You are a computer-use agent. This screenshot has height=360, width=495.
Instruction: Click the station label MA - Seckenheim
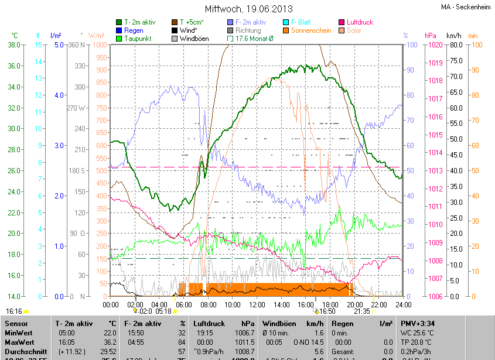465,8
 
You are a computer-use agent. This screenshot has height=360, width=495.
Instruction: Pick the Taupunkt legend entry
138,39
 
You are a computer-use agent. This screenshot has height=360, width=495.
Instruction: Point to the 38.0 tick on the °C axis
14,44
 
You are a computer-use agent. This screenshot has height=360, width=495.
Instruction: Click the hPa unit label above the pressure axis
431,36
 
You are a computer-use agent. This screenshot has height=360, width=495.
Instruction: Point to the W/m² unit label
97,36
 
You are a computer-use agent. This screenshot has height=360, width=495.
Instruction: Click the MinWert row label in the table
19,332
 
